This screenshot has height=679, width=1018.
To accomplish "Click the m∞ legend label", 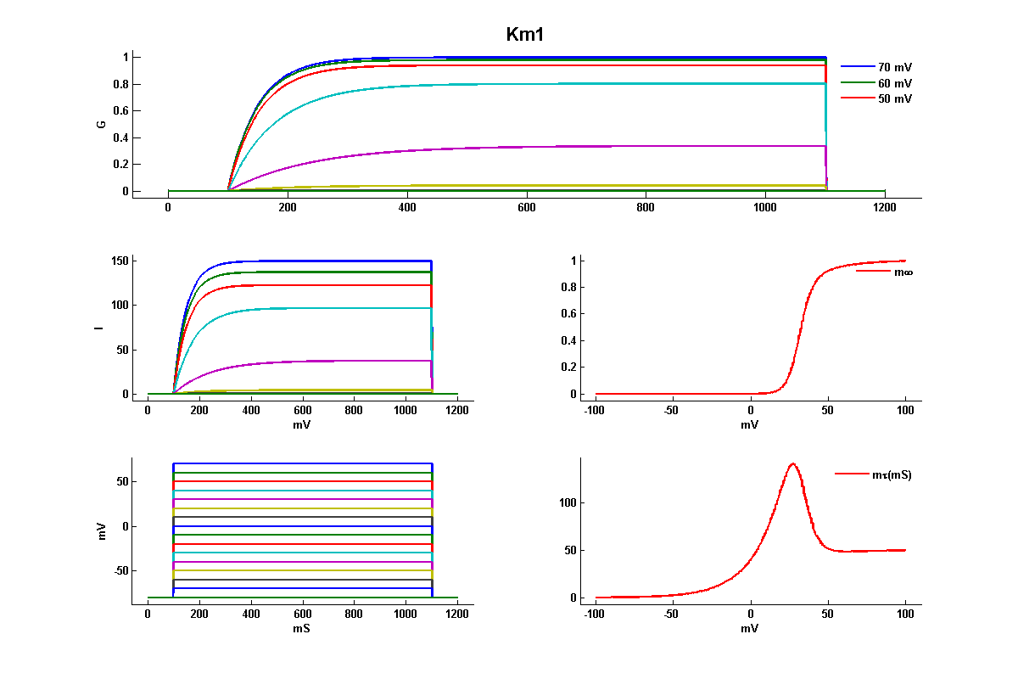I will tap(903, 272).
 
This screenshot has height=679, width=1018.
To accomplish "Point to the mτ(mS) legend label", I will tap(892, 474).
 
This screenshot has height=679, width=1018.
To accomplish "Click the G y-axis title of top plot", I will tap(101, 124).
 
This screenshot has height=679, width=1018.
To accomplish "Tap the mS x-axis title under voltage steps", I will tap(302, 628).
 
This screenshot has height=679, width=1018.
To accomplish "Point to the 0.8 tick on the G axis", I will tap(120, 83).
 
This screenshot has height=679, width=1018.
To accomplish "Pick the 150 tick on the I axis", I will tap(118, 261).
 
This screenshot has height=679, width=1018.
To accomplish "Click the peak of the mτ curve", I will tap(792, 463).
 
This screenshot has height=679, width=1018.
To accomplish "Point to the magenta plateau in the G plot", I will tap(594, 147).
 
